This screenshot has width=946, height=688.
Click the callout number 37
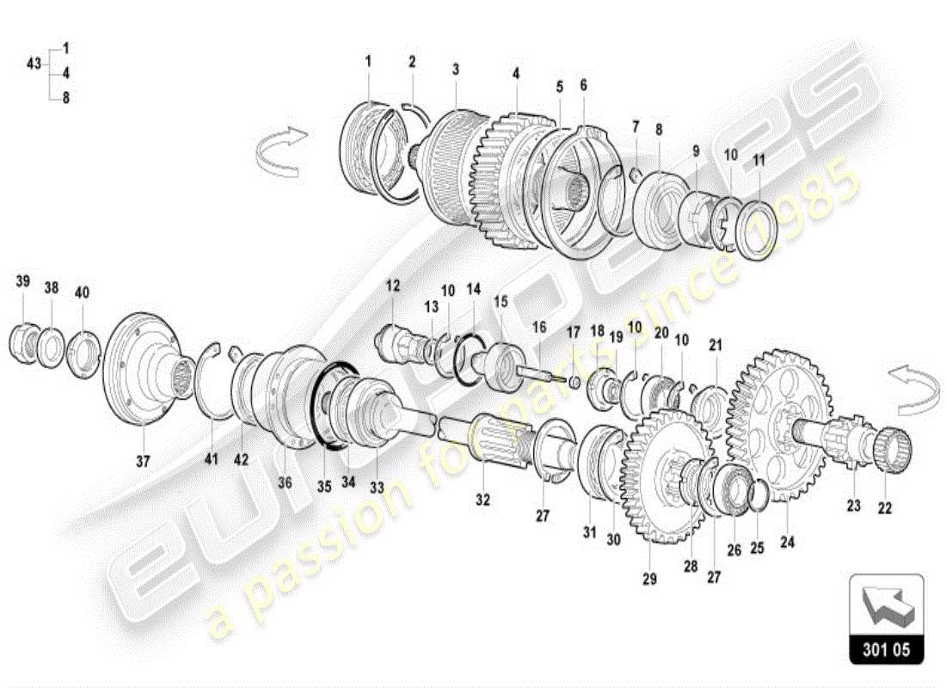[x=143, y=461]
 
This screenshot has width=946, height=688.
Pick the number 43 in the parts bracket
[x=34, y=64]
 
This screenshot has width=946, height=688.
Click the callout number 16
[x=538, y=327]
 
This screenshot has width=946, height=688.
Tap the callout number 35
[x=322, y=485]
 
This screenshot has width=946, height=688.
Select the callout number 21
[x=716, y=346]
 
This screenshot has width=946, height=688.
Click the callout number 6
[x=583, y=85]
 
